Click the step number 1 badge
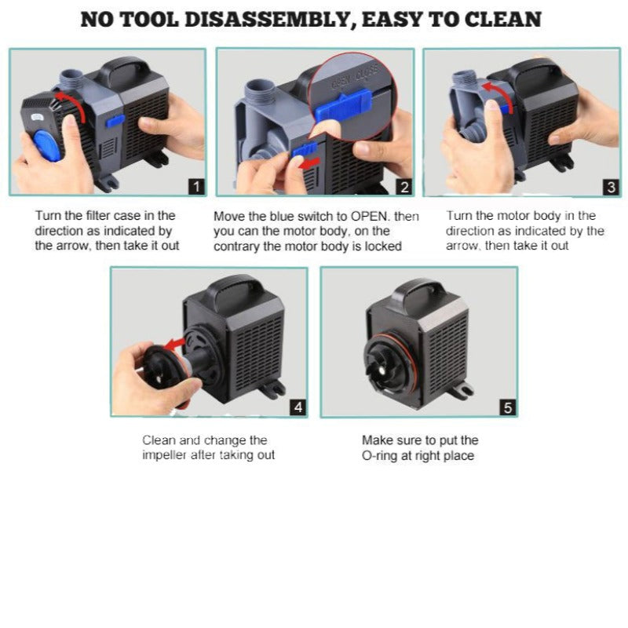(197, 187)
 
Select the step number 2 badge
(404, 188)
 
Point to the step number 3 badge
(612, 188)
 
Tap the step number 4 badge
(298, 407)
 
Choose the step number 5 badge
(508, 407)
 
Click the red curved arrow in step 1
(76, 101)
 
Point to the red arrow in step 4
(175, 343)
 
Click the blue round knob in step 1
(47, 146)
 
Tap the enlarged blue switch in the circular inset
(344, 105)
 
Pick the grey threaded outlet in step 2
(259, 93)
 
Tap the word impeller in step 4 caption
(159, 455)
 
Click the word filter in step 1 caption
(97, 215)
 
